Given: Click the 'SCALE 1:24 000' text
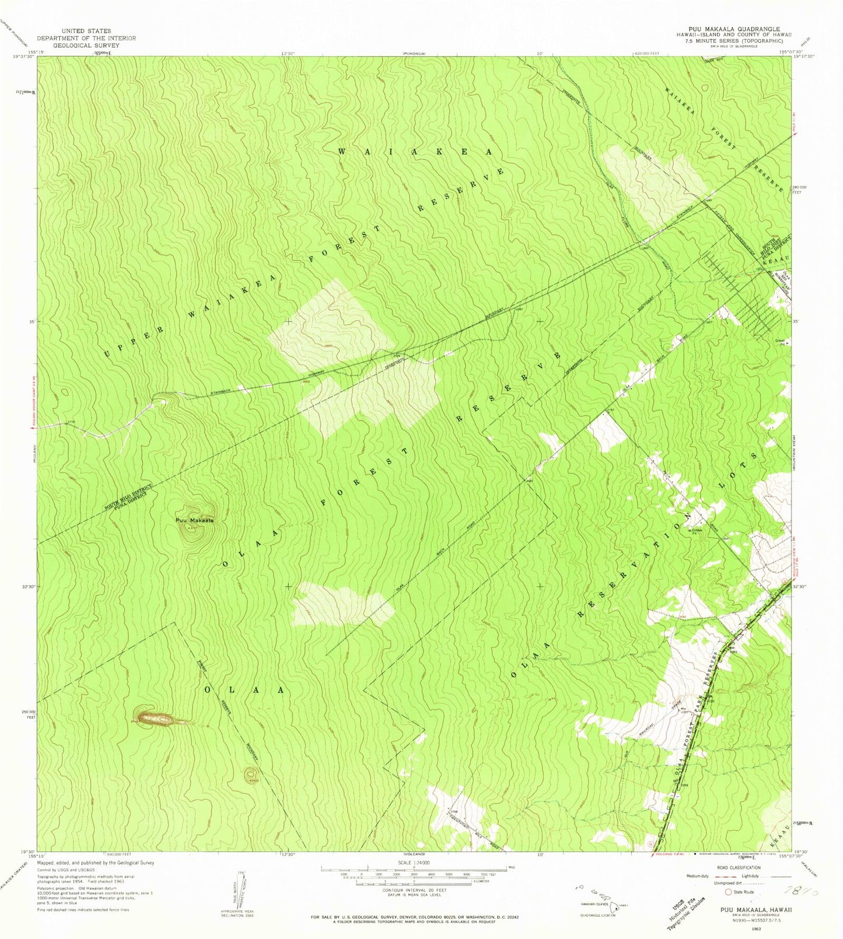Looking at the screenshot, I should pyautogui.click(x=413, y=861).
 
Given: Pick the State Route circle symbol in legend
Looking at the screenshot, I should pyautogui.click(x=728, y=892).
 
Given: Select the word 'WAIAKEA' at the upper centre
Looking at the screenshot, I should pyautogui.click(x=415, y=151).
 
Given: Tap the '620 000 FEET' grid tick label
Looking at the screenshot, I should pyautogui.click(x=646, y=53).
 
